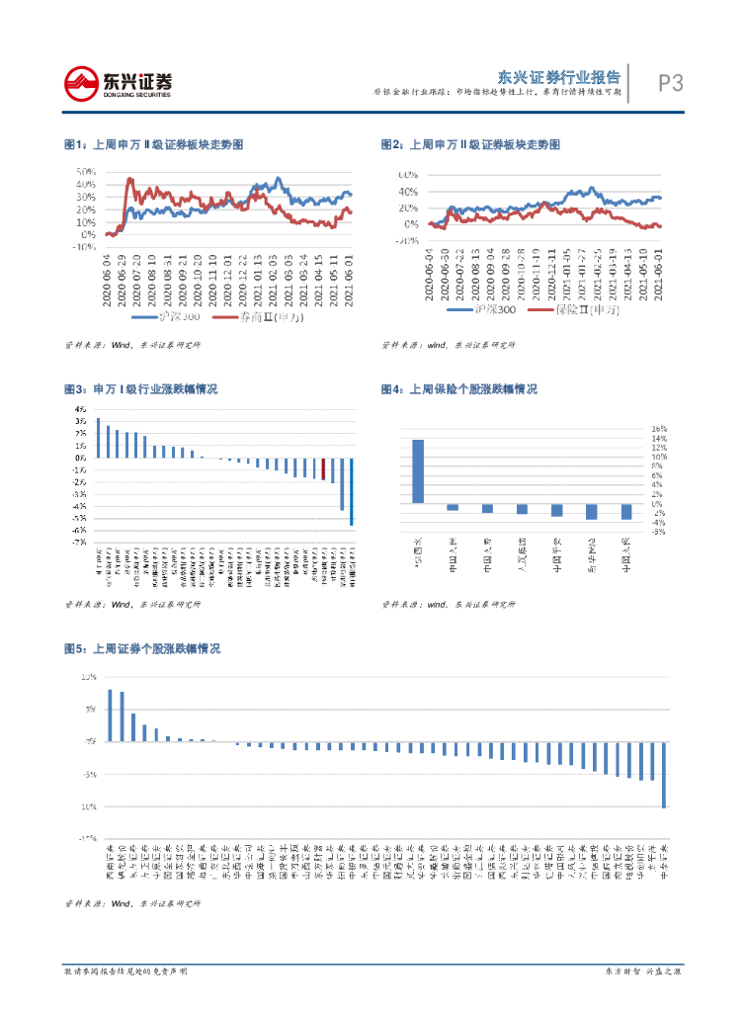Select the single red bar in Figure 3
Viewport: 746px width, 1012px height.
(323, 468)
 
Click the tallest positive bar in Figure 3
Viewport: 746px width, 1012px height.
(98, 438)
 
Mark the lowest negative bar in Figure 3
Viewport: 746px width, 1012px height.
(352, 490)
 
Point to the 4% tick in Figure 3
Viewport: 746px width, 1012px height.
(79, 409)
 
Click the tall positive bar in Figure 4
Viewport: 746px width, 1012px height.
(418, 471)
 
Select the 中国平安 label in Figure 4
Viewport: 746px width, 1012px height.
(557, 554)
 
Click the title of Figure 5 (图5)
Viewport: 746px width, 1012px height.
(141, 649)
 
